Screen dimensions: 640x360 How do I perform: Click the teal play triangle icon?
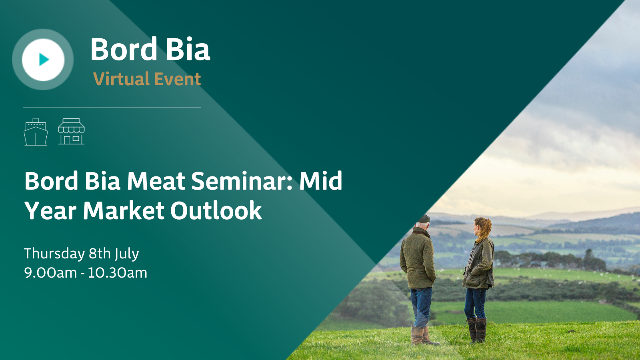click(x=44, y=60)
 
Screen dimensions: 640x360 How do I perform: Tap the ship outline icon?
click(x=36, y=132)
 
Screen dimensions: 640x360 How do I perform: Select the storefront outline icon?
click(x=72, y=132)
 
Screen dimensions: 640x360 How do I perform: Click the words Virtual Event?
click(x=147, y=79)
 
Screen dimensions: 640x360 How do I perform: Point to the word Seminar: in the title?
click(x=242, y=181)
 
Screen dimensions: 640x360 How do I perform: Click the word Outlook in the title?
click(x=216, y=210)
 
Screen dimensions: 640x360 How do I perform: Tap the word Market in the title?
click(x=124, y=210)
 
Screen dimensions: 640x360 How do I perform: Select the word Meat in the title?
click(x=156, y=181)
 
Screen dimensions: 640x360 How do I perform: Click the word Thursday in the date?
click(x=54, y=254)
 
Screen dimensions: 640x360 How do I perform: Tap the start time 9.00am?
click(x=50, y=273)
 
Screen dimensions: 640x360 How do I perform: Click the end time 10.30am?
click(x=117, y=273)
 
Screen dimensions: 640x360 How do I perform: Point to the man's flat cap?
click(x=423, y=218)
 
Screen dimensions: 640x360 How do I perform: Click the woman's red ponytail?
click(x=484, y=228)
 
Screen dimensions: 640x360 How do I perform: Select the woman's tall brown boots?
click(x=477, y=330)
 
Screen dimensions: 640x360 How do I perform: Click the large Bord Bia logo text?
click(x=150, y=49)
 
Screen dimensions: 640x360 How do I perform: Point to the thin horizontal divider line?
click(x=112, y=108)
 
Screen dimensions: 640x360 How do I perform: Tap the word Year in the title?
click(x=50, y=210)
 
